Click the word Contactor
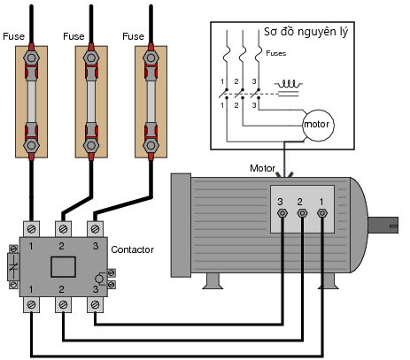(x=132, y=249)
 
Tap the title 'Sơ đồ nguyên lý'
(x=306, y=32)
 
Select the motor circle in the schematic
(x=318, y=126)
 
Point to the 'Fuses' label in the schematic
(x=276, y=53)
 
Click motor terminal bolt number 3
(x=282, y=213)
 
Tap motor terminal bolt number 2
(x=302, y=213)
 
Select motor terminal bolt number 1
(x=321, y=213)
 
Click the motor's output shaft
(x=383, y=226)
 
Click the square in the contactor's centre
(x=63, y=267)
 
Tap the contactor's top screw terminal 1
(x=31, y=229)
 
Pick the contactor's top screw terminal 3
(x=95, y=229)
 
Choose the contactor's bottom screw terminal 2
(x=63, y=304)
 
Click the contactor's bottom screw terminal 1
(x=31, y=304)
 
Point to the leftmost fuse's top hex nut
(x=31, y=57)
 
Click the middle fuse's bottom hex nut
(x=91, y=145)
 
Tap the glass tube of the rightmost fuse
(x=151, y=102)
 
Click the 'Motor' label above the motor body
(x=262, y=168)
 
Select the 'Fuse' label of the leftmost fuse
(x=13, y=36)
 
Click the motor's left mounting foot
(x=213, y=281)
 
